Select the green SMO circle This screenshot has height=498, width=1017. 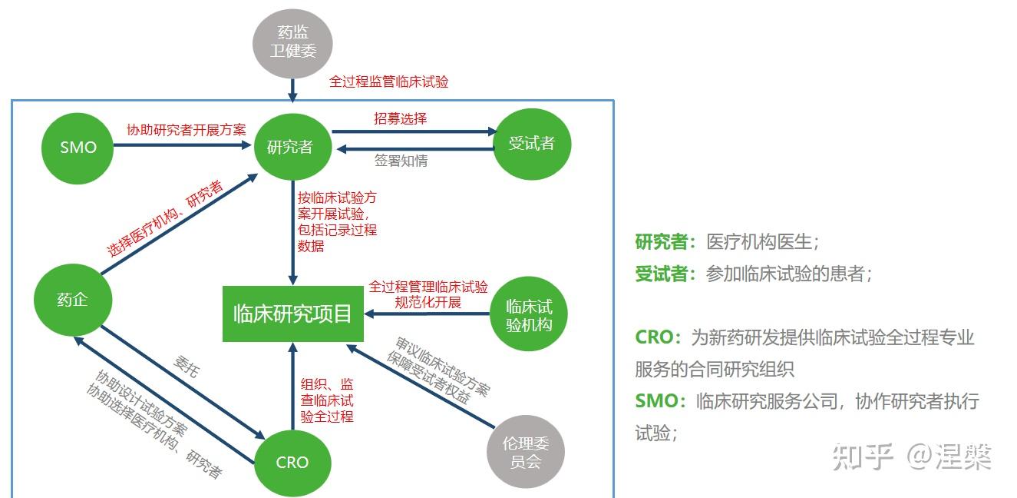point(78,146)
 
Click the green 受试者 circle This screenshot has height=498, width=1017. point(531,143)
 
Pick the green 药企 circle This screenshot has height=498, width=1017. point(73,300)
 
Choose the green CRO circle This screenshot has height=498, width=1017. point(292,462)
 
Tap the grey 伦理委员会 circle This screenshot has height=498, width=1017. point(526,452)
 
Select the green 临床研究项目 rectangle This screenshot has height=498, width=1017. point(292,314)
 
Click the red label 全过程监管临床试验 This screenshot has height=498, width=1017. point(388,81)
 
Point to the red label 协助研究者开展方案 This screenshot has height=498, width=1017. point(187,129)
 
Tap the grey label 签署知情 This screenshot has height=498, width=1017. point(401,161)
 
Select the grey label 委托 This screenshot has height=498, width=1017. point(186,367)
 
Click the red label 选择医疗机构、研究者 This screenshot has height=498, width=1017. point(165,220)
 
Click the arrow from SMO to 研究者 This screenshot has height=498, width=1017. point(184,146)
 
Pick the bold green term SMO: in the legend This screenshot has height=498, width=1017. point(660,401)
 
